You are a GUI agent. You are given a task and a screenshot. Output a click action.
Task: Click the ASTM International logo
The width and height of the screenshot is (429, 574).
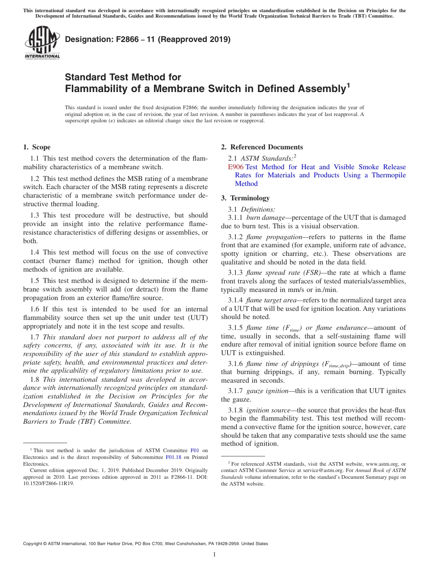point(42,42)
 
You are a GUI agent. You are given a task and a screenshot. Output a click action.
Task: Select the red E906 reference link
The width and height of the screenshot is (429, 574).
point(236,167)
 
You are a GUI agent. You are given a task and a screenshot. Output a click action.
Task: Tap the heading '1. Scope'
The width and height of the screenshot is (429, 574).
point(37,147)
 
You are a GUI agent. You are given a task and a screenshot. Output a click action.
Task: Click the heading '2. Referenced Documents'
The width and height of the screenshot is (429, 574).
point(262,147)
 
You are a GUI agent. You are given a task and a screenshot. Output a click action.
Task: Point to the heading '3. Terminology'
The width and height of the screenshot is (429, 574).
point(245,198)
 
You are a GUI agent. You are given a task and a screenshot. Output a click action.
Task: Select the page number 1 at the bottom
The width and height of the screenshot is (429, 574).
point(214,555)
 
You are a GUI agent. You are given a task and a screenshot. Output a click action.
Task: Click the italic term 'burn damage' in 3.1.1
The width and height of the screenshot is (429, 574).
point(266,218)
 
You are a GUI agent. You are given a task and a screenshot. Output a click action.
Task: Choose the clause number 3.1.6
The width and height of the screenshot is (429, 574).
point(235,364)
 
